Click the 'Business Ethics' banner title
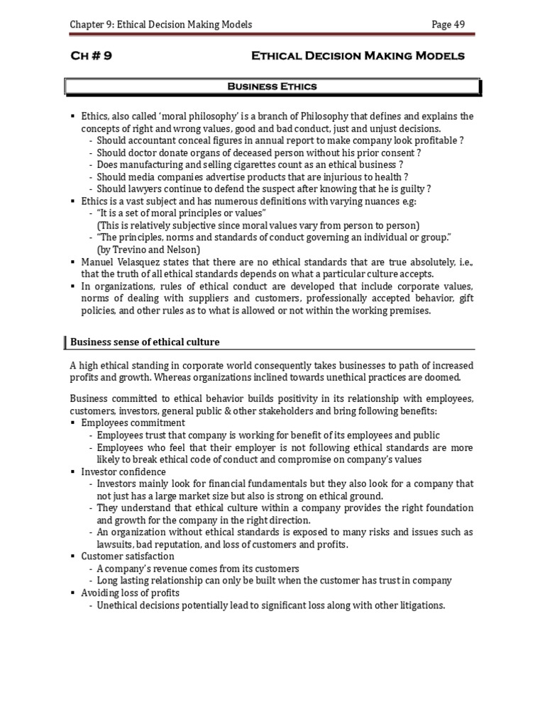click(x=272, y=86)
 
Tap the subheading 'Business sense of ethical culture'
click(x=145, y=342)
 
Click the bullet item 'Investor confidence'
click(x=124, y=471)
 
